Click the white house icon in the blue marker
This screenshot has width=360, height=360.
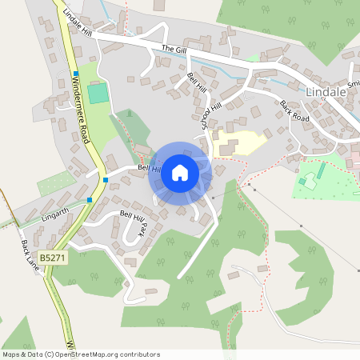(180, 172)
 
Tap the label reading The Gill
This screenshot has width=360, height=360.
(173, 50)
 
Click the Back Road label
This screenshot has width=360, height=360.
(294, 111)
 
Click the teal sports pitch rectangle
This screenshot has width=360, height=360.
(98, 93)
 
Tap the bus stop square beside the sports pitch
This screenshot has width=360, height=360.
(74, 74)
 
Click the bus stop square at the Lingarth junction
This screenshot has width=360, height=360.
(90, 200)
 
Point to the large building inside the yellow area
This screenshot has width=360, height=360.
(226, 147)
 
